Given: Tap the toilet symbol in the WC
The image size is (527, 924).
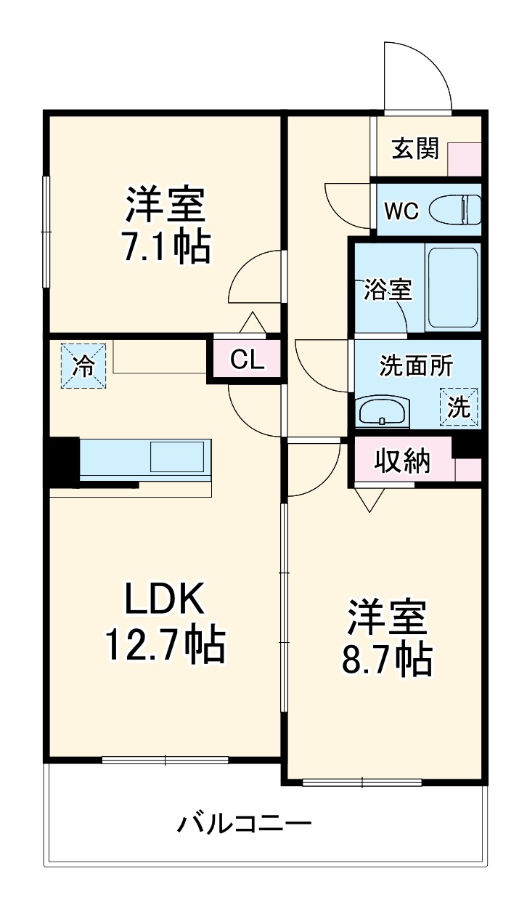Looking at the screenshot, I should click(x=455, y=211).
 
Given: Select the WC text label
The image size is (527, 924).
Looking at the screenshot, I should click(x=401, y=211).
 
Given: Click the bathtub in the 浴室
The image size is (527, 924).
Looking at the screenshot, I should click(x=452, y=288).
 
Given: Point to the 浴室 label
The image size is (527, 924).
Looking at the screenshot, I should click(x=388, y=290).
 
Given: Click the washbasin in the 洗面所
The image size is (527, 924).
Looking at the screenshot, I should click(x=383, y=413).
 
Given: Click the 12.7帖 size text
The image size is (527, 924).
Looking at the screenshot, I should click(x=166, y=644).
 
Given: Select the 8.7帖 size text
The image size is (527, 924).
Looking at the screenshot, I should click(x=385, y=660).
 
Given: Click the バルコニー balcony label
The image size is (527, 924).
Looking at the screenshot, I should click(x=245, y=824).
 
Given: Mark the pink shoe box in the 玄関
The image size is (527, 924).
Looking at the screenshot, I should click(x=464, y=160).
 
